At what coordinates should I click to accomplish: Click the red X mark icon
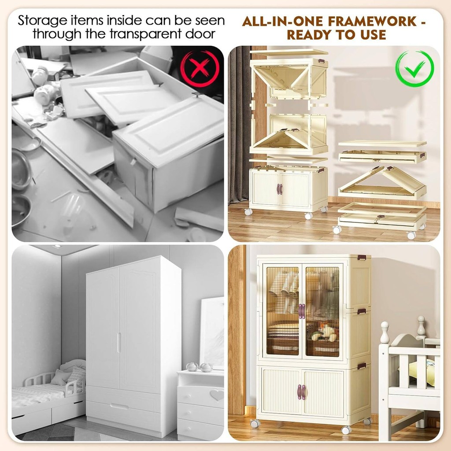point(200,68)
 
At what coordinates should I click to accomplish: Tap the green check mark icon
point(414,68)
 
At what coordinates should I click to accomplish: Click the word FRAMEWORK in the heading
point(373,21)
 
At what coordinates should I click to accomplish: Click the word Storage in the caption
point(43,21)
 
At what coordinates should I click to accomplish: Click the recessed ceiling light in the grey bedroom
point(57,247)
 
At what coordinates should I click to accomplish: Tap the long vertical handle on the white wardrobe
point(119,343)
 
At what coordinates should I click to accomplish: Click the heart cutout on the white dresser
point(217,395)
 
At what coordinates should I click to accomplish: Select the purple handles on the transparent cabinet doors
point(301,311)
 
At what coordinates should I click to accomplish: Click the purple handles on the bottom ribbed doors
point(302,392)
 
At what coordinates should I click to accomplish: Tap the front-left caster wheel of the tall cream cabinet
point(255,423)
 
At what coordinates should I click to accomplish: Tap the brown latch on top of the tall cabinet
point(362,257)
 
